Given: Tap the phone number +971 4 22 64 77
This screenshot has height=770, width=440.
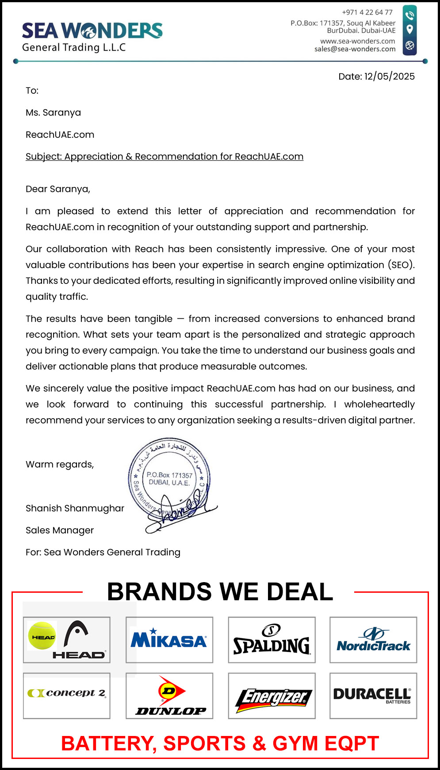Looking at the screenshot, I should pyautogui.click(x=367, y=12).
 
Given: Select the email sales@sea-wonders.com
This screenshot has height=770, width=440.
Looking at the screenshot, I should pyautogui.click(x=355, y=49).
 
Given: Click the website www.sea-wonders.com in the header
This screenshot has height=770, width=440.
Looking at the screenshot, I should pyautogui.click(x=357, y=41).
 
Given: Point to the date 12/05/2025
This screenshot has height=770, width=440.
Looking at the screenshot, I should pyautogui.click(x=389, y=76).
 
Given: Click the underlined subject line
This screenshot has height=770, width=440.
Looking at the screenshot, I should pyautogui.click(x=165, y=156).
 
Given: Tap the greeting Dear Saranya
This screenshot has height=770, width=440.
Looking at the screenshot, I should pyautogui.click(x=57, y=189).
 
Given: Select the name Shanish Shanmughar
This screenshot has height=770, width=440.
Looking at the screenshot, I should pyautogui.click(x=75, y=508).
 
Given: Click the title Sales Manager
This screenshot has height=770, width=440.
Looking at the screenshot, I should pyautogui.click(x=60, y=530).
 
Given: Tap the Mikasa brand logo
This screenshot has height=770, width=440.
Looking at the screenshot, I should pyautogui.click(x=169, y=640).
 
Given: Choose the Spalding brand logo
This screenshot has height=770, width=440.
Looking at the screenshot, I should pyautogui.click(x=272, y=640).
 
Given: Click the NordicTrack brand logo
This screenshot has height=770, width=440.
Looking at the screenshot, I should pyautogui.click(x=373, y=640).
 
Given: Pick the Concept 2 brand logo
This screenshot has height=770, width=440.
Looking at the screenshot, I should pyautogui.click(x=67, y=693).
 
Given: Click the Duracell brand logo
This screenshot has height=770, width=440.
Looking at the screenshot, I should pyautogui.click(x=372, y=695).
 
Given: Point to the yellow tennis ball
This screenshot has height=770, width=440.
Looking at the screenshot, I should pyautogui.click(x=42, y=636).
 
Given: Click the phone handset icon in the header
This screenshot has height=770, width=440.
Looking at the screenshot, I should pyautogui.click(x=410, y=16).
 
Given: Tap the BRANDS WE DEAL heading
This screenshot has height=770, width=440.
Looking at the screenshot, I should pyautogui.click(x=220, y=591).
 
